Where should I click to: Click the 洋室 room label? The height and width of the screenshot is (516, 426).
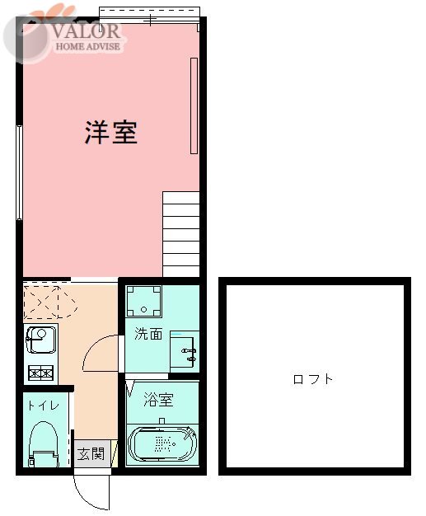click(110, 133)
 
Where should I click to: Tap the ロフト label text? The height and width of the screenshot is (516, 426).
click(313, 379)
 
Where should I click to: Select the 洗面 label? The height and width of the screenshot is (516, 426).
click(148, 335)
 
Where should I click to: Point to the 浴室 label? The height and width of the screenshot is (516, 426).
click(158, 401)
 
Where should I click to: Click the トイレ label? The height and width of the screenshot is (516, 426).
click(42, 406)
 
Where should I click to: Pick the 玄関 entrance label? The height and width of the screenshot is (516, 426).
click(91, 453)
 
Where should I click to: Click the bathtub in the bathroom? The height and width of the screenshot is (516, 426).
click(163, 444)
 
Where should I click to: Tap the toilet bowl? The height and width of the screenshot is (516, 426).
click(42, 445)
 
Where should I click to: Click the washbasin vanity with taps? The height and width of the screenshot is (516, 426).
click(184, 352)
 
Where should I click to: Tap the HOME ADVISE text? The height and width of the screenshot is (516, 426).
click(87, 47)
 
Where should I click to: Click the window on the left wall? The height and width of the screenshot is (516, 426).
click(19, 172)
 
